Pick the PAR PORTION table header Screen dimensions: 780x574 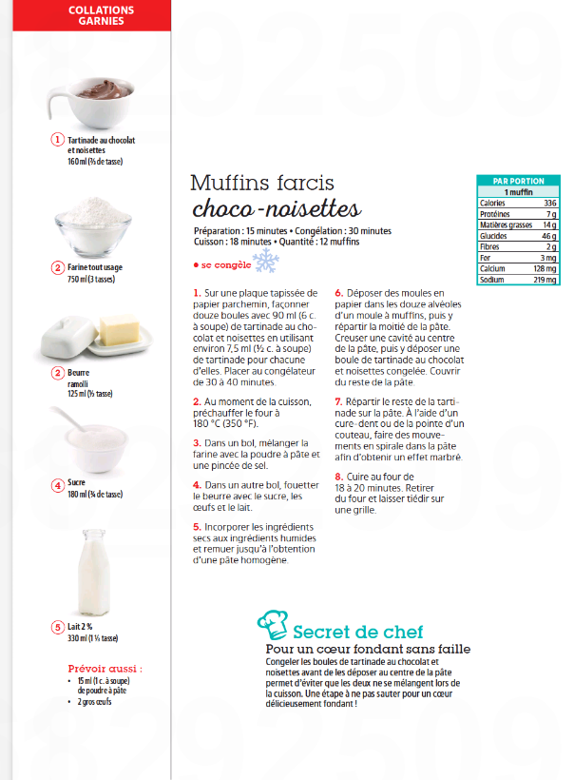click(518, 180)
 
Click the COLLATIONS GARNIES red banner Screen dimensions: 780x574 click(101, 15)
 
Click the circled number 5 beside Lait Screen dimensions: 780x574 click(58, 627)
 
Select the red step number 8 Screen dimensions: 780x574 click(338, 477)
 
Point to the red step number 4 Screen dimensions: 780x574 click(197, 485)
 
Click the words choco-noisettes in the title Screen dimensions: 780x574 click(276, 208)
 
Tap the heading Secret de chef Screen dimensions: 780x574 click(357, 632)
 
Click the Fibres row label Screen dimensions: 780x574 click(491, 246)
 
